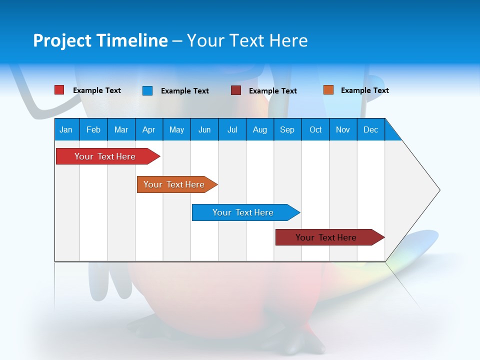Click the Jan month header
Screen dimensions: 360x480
(66, 129)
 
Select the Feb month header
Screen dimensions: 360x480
(93, 129)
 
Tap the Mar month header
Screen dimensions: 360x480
(121, 129)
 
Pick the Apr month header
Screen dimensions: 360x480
(149, 129)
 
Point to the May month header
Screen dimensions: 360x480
(176, 129)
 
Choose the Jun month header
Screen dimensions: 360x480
(204, 129)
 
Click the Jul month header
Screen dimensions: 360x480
(232, 129)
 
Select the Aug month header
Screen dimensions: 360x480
(260, 129)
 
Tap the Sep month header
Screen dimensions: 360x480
(287, 129)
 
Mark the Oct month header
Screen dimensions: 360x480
(315, 129)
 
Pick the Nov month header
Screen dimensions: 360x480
(343, 129)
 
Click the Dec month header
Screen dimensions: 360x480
(371, 129)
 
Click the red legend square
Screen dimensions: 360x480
(59, 90)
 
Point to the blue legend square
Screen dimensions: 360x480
(147, 90)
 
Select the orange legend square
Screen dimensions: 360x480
(328, 90)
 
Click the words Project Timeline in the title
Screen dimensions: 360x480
(100, 40)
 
